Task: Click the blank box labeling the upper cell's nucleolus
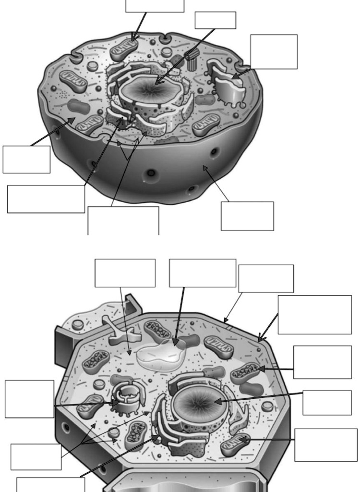pyautogui.click(x=215, y=20)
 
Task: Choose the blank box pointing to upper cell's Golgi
pyautogui.click(x=273, y=51)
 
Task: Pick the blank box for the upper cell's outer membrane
pyautogui.click(x=247, y=216)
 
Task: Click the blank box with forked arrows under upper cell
pyautogui.click(x=123, y=220)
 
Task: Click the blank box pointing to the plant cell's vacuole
pyautogui.click(x=202, y=273)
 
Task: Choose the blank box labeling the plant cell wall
pyautogui.click(x=266, y=278)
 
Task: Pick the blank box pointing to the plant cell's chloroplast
pyautogui.click(x=322, y=362)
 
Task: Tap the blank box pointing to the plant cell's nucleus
pyautogui.click(x=326, y=402)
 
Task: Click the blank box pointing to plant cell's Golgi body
pyautogui.click(x=29, y=399)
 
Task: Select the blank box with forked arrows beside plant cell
pyautogui.click(x=36, y=456)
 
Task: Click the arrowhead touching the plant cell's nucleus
pyautogui.click(x=216, y=401)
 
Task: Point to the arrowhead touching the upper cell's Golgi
pyautogui.click(x=235, y=76)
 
